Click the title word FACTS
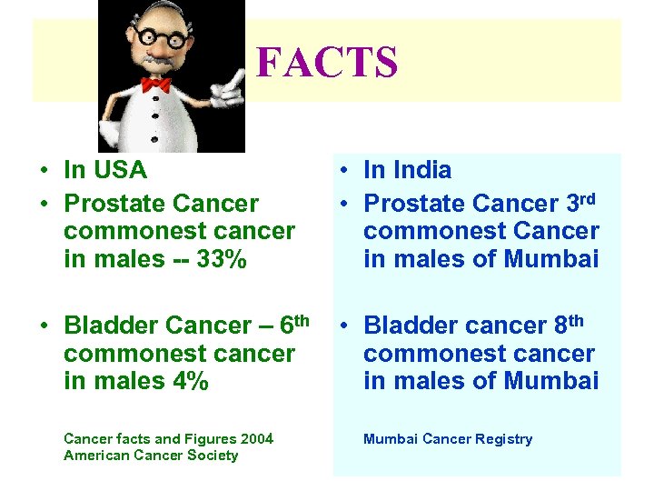coord(327,63)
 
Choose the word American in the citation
coord(96,456)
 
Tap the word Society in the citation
coord(211,456)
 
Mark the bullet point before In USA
coord(44,171)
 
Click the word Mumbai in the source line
coord(389,439)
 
